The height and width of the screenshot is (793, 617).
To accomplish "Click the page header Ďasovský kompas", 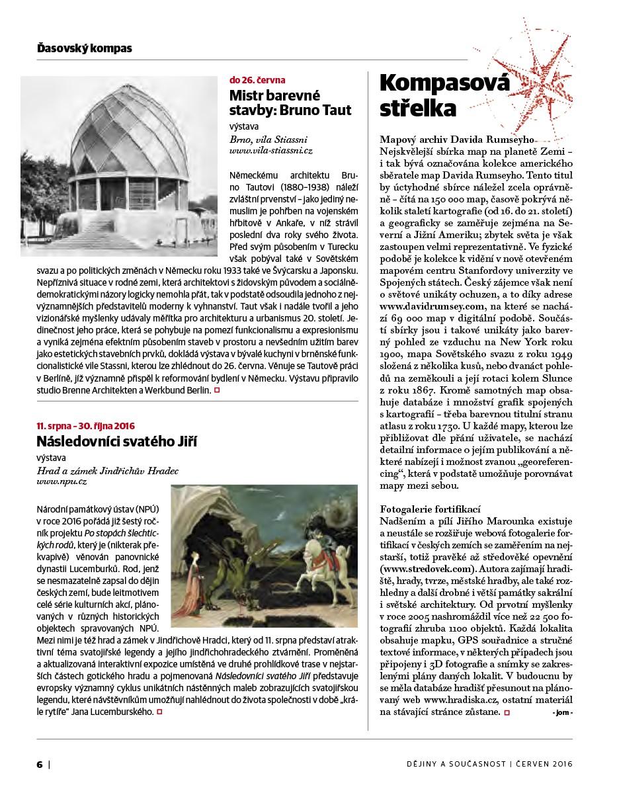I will point(84,48).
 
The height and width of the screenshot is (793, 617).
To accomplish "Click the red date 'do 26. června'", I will point(257,80).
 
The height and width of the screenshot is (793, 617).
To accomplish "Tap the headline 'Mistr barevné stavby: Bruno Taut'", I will point(290,101).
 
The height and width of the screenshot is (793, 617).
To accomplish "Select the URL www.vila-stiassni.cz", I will point(270,151).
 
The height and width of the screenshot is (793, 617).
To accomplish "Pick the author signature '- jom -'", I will point(561,712).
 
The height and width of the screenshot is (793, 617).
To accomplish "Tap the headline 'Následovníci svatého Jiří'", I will point(116,441).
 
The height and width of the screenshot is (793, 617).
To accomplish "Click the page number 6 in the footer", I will point(40,764).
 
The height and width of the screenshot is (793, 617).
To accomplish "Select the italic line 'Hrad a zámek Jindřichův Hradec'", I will point(107,471).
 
